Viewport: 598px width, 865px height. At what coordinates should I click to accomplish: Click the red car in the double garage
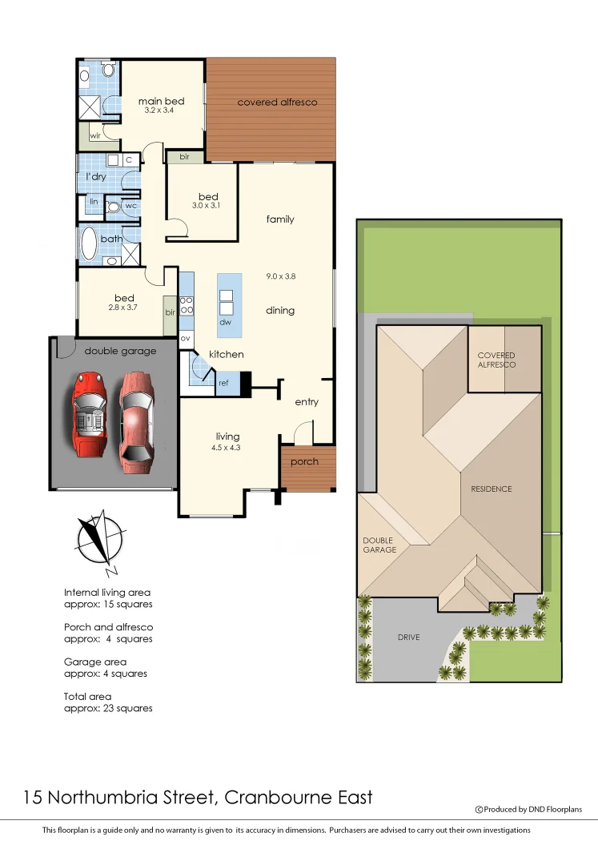tap(88, 414)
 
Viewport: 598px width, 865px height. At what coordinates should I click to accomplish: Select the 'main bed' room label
tap(161, 101)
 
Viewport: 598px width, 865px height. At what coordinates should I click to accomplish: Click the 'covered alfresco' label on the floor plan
tap(277, 103)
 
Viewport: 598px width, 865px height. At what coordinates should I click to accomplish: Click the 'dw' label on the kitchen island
tap(225, 322)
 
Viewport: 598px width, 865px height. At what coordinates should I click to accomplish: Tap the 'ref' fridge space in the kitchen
tap(223, 384)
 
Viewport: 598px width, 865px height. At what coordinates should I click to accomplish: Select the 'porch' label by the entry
tap(304, 461)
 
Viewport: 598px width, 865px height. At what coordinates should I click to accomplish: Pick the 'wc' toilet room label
tap(130, 206)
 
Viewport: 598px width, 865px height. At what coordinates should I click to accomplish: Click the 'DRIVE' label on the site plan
tap(408, 638)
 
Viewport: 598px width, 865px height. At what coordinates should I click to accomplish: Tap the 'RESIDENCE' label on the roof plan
tap(491, 489)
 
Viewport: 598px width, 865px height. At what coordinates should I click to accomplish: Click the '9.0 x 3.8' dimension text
tap(281, 276)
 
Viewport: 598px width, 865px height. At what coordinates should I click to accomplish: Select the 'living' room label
tap(227, 437)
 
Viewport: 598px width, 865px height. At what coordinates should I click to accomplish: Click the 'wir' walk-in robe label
tap(94, 135)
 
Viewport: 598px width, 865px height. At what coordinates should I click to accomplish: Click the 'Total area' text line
tap(88, 697)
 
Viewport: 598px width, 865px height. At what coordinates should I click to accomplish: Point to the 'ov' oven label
tap(185, 338)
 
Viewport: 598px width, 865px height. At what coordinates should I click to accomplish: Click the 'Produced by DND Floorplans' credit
tap(533, 810)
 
